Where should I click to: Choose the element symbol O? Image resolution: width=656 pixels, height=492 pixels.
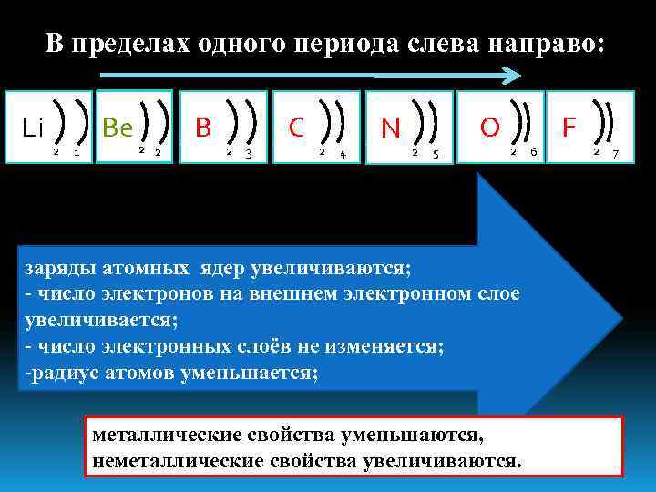point(489,127)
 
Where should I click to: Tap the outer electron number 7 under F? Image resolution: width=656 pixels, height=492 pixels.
point(615,153)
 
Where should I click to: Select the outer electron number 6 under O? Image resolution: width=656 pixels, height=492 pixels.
point(533,152)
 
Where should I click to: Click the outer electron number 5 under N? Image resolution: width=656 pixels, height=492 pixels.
point(436,153)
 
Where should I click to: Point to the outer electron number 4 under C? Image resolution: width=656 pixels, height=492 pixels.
point(342,153)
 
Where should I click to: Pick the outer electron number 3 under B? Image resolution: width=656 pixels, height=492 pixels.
point(248,153)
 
